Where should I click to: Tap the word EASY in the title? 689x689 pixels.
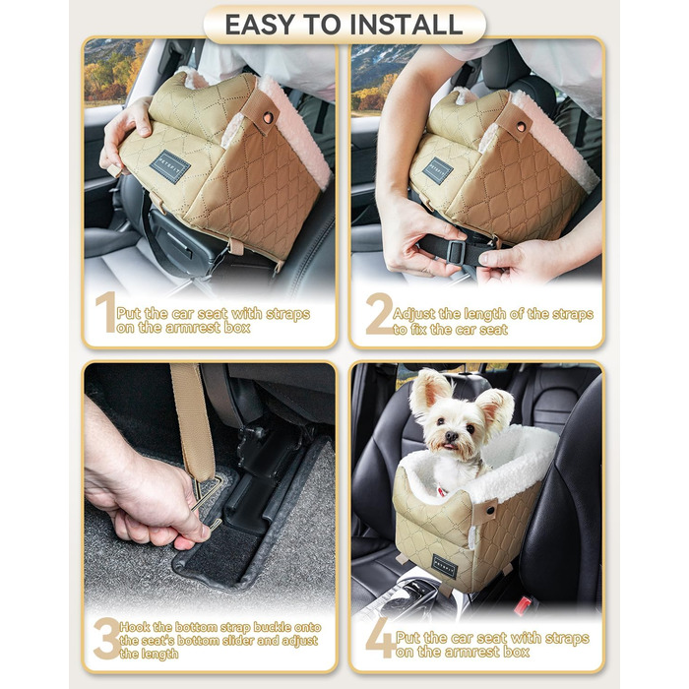[259, 25]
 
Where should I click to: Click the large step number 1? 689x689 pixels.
[105, 312]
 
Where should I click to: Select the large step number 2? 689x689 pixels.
[380, 314]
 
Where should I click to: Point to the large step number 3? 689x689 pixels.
[106, 639]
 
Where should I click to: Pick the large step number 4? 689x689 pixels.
[381, 638]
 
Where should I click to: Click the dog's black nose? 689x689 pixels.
[451, 436]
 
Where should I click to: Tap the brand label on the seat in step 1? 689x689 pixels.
[170, 166]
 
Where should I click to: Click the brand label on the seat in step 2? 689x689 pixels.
[438, 170]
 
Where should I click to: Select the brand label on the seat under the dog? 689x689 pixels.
[445, 566]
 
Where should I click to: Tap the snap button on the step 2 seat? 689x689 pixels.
[521, 127]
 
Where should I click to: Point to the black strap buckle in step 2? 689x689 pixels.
[455, 252]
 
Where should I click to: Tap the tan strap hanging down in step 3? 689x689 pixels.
[193, 422]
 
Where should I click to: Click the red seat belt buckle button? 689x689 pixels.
[523, 604]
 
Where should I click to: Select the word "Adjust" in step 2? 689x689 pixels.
[414, 314]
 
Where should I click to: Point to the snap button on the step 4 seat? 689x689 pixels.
[489, 510]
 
